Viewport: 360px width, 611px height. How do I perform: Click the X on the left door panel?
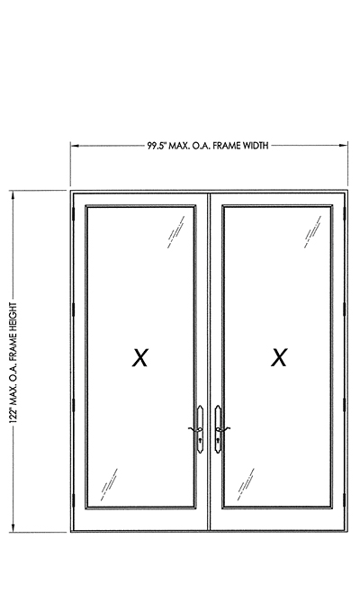pyautogui.click(x=140, y=358)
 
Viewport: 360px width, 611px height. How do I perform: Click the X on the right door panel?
pyautogui.click(x=279, y=358)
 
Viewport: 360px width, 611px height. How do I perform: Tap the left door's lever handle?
pyautogui.click(x=195, y=429)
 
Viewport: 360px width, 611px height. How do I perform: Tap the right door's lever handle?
pyautogui.click(x=222, y=429)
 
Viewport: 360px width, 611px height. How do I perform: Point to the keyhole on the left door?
pyautogui.click(x=200, y=441)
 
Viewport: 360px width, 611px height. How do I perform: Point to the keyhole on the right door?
pyautogui.click(x=218, y=441)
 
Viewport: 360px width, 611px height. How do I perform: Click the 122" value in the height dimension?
pyautogui.click(x=13, y=415)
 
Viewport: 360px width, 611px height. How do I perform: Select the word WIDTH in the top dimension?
pyautogui.click(x=256, y=146)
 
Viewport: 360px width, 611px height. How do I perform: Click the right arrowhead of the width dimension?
pyautogui.click(x=343, y=146)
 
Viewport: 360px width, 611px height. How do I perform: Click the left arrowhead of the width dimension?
pyautogui.click(x=76, y=146)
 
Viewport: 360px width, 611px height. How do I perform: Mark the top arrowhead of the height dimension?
pyautogui.click(x=13, y=195)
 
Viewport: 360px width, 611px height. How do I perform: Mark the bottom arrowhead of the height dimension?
pyautogui.click(x=13, y=527)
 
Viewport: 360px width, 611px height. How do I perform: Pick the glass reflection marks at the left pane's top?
pyautogui.click(x=176, y=232)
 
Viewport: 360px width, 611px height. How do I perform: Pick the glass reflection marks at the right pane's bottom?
pyautogui.click(x=246, y=484)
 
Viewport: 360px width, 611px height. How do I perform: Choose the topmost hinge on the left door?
pyautogui.click(x=73, y=213)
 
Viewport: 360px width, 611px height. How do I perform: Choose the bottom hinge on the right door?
pyautogui.click(x=345, y=500)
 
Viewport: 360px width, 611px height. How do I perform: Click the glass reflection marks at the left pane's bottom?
pyautogui.click(x=109, y=484)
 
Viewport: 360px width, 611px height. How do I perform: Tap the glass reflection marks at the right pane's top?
pyautogui.click(x=313, y=232)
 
